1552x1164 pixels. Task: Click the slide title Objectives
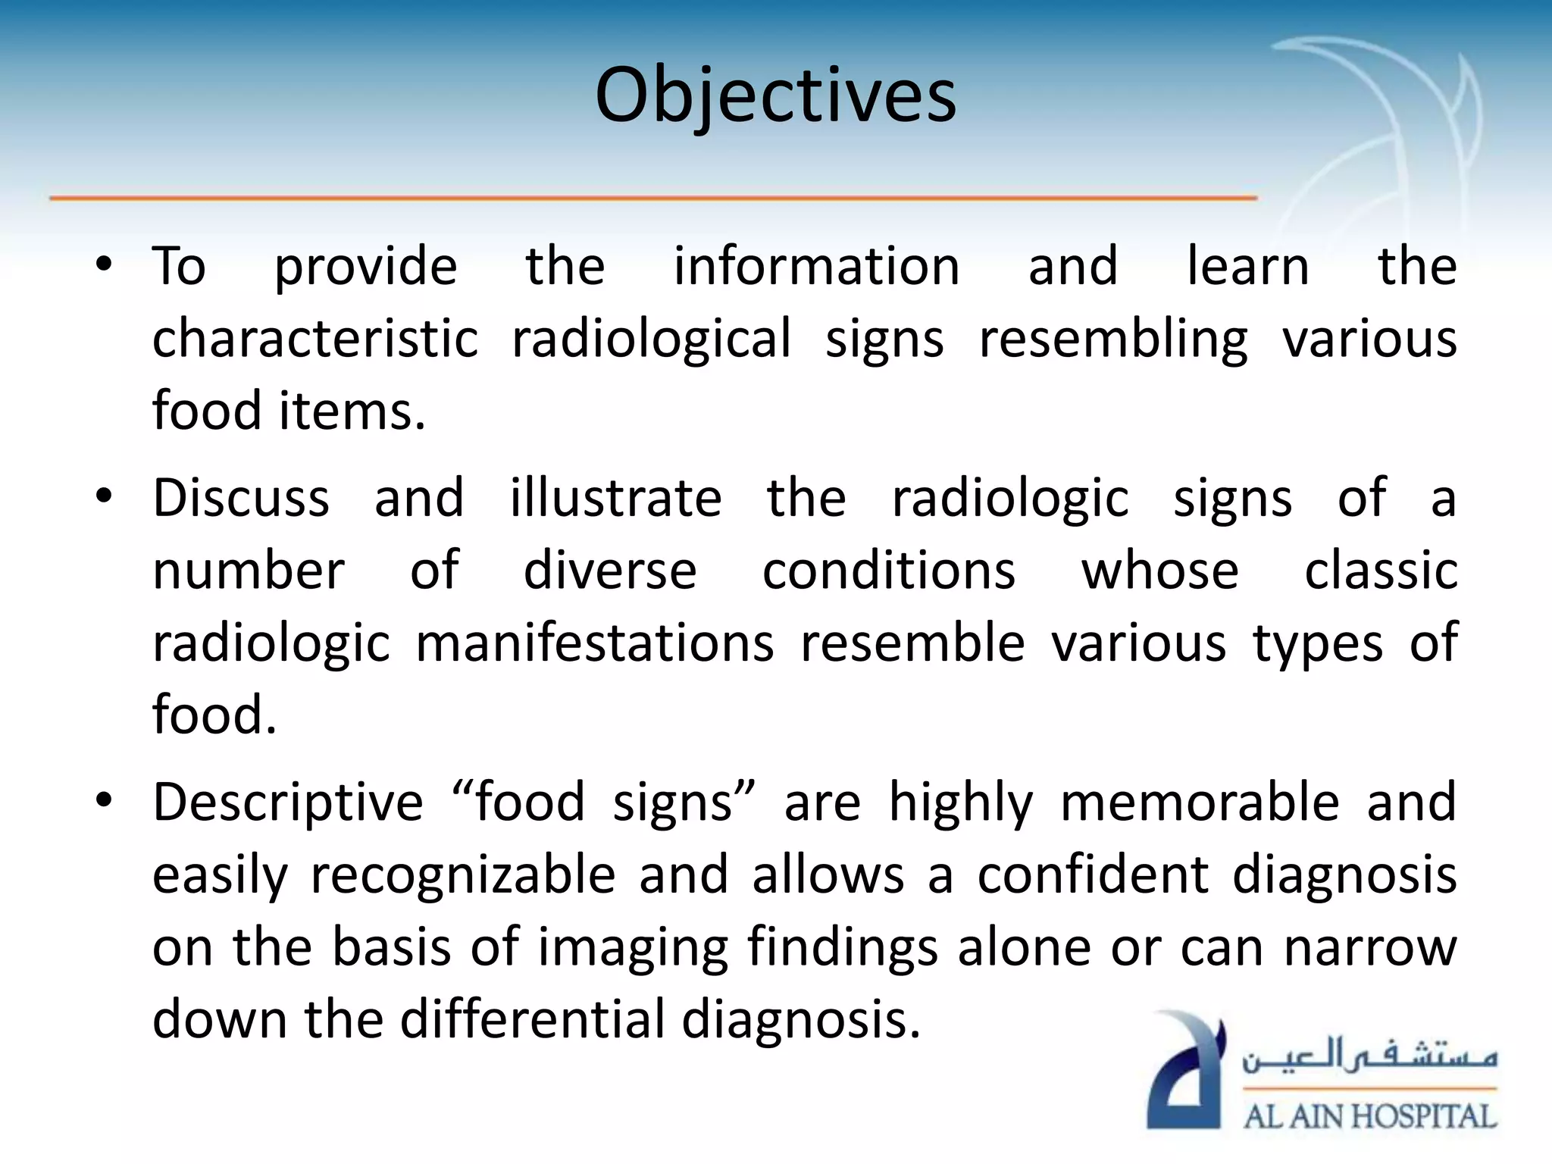[775, 96]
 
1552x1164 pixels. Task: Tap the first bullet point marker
[104, 264]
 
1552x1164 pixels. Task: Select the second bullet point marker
[104, 497]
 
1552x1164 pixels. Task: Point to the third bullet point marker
[104, 800]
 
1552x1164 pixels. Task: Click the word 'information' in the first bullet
[816, 266]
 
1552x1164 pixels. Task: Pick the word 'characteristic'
[315, 339]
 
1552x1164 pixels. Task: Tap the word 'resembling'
[1112, 339]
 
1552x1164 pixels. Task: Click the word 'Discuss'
[241, 498]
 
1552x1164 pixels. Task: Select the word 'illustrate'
[615, 498]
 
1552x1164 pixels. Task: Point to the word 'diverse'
[610, 571]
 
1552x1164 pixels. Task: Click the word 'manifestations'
[595, 643]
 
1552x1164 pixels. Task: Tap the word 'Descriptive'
[287, 803]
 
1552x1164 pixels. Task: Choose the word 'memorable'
[1200, 803]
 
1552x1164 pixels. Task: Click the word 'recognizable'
[463, 875]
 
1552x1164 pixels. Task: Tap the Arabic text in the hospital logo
[1369, 1056]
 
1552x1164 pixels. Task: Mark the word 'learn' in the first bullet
[1247, 266]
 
